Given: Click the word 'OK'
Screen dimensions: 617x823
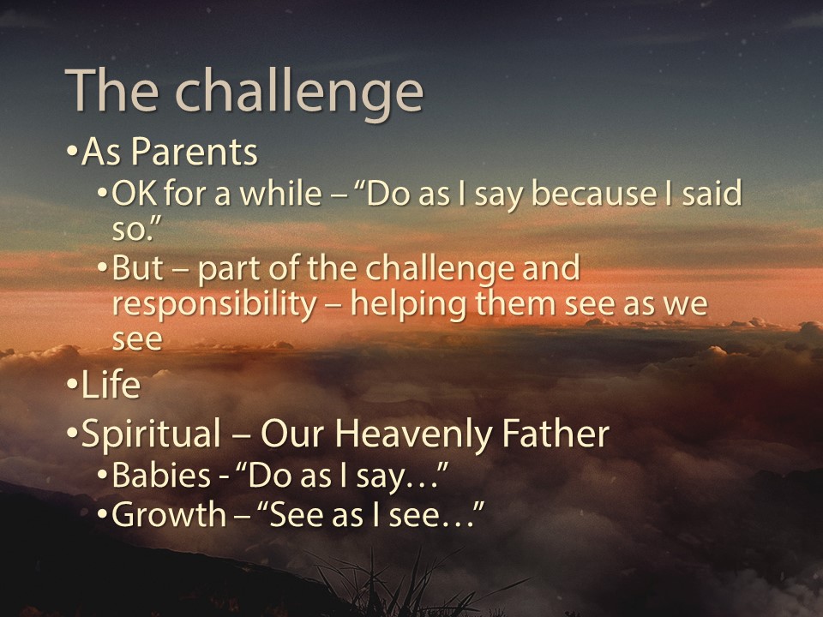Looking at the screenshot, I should [134, 195].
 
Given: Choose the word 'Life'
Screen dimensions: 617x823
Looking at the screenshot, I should [111, 386].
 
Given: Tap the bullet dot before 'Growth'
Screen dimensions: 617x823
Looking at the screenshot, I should [102, 516].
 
